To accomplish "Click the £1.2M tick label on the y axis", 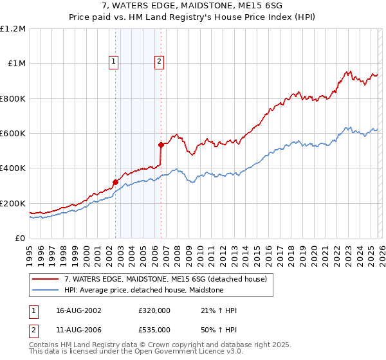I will point(13,28).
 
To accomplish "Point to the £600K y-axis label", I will point(13,134).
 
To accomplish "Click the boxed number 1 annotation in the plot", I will point(113,62).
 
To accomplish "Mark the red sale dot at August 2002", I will point(115,182).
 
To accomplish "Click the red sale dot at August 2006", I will point(161,145).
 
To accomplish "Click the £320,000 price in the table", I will point(154,310).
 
